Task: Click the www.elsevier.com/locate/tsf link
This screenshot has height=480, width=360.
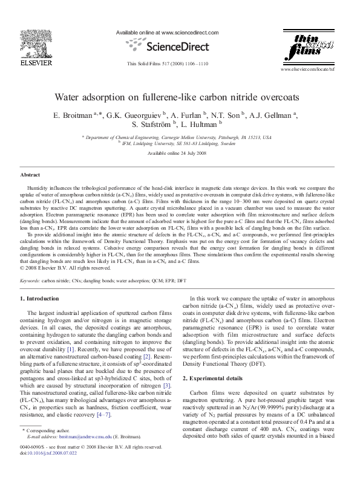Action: [x=315, y=70]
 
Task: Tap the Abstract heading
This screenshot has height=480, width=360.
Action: [x=30, y=174]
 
